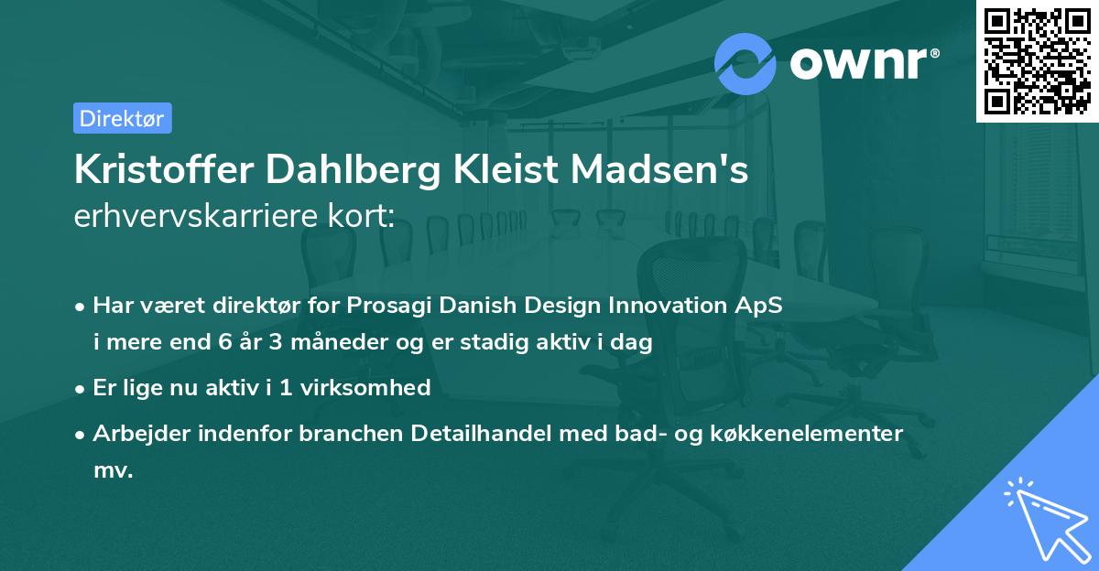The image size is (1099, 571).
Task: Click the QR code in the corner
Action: (x=1036, y=60)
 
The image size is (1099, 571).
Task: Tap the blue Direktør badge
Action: (x=122, y=118)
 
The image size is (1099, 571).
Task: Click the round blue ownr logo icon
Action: (x=745, y=63)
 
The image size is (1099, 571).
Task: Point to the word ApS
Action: (x=763, y=306)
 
